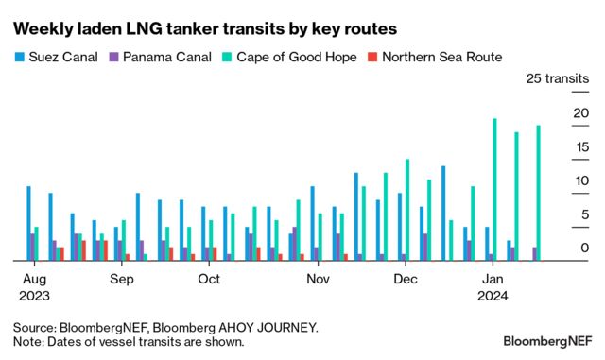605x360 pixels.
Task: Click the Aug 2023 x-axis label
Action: [x=34, y=287]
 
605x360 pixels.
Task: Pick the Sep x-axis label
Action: [x=121, y=280]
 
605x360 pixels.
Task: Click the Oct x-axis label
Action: [x=209, y=280]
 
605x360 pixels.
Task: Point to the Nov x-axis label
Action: [x=318, y=280]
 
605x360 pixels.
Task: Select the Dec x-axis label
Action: [x=406, y=280]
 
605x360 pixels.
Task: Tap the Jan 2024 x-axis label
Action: [x=493, y=287]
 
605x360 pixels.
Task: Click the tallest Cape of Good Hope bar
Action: [x=494, y=189]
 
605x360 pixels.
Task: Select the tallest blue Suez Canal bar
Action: [x=443, y=213]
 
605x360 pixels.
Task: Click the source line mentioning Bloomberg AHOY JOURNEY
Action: [x=165, y=327]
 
